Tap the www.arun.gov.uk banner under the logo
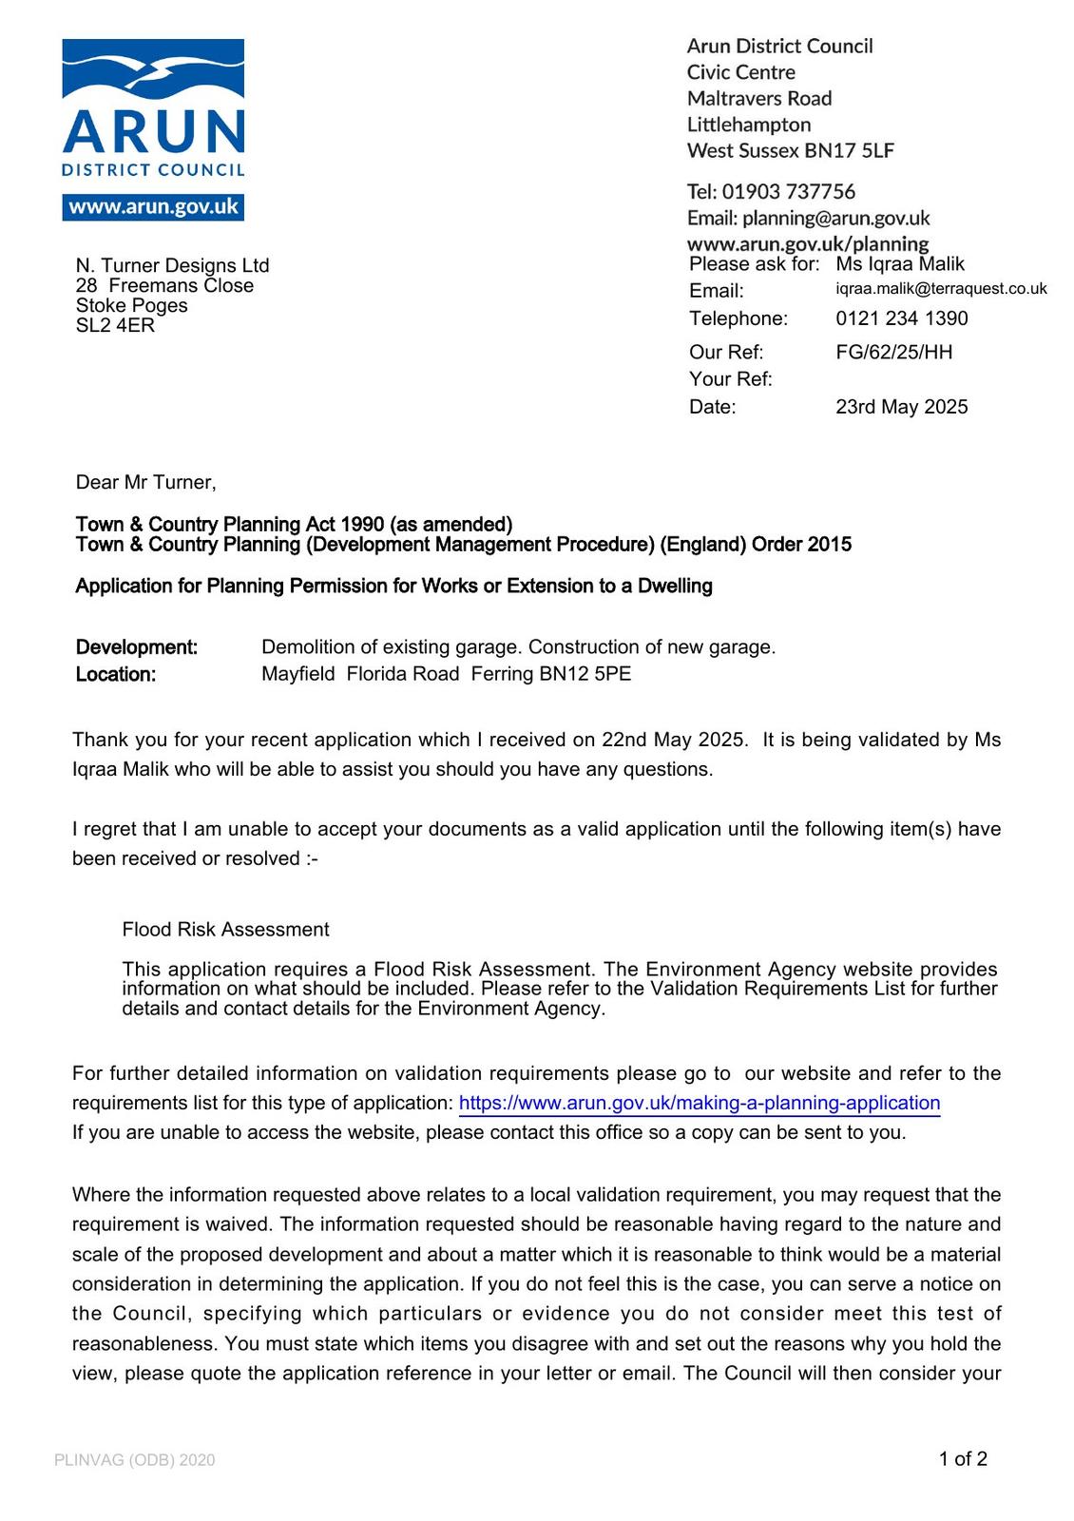153,207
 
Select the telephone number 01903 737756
788,191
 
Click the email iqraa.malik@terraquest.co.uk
941,289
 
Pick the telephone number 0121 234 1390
901,318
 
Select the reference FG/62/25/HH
893,352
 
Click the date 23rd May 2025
901,407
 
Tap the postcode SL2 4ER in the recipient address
115,325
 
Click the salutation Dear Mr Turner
145,482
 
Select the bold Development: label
137,647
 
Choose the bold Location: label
116,675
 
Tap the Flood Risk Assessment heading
225,930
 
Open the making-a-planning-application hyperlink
699,1103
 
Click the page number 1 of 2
963,1459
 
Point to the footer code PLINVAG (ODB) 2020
135,1460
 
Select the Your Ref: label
730,379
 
